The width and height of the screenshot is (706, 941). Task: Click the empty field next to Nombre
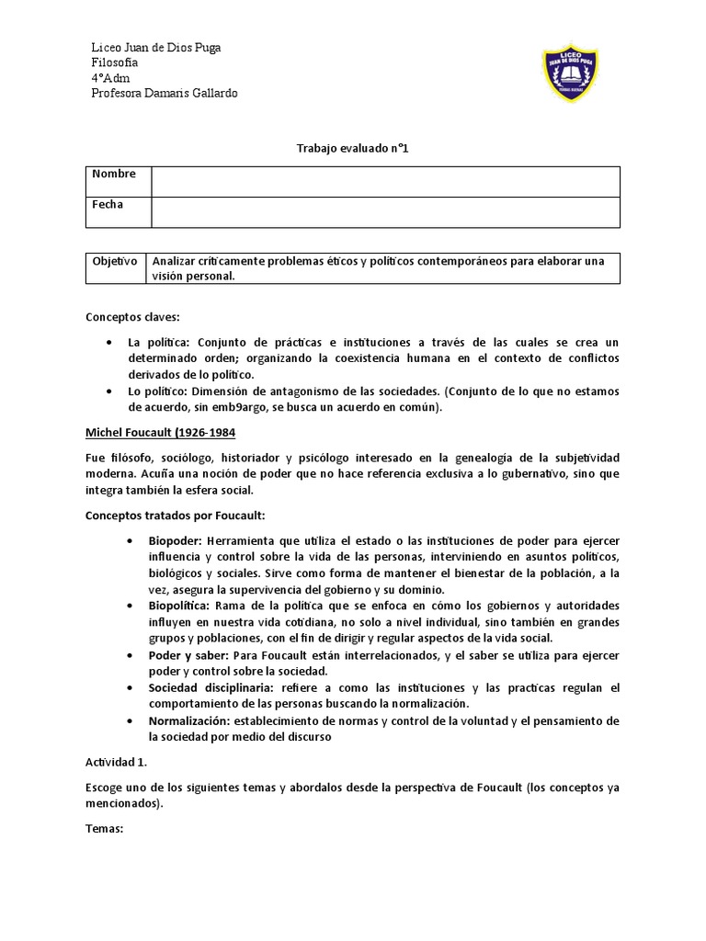[385, 181]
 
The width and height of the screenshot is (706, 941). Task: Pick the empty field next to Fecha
[385, 211]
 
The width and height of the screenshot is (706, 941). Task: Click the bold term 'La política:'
[158, 342]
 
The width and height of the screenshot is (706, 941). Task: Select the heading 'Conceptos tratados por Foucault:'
[175, 515]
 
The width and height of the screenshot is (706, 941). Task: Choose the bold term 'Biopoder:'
[174, 541]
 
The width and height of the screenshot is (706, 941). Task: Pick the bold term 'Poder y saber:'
[186, 655]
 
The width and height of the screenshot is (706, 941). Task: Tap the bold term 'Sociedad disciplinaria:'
[202, 688]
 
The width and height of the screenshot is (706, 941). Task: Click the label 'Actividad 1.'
[117, 762]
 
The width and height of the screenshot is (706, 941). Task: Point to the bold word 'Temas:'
[104, 827]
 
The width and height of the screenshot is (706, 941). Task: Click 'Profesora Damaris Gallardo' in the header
[164, 94]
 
